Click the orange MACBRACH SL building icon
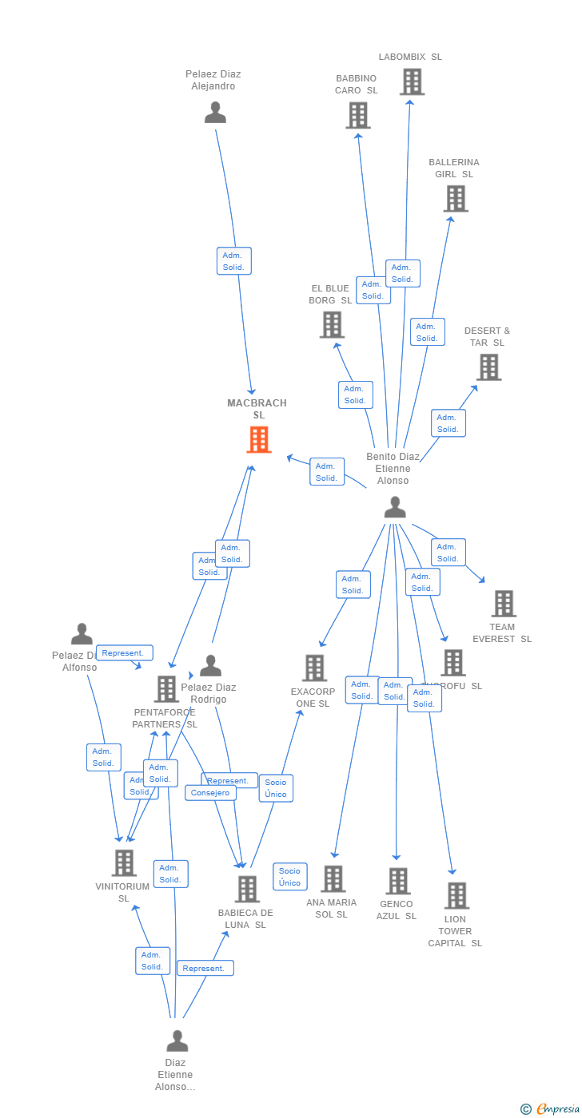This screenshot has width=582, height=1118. click(258, 439)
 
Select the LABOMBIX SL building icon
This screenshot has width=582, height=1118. click(411, 81)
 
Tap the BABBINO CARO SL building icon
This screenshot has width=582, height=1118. click(357, 115)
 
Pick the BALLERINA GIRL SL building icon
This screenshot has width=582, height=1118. click(455, 198)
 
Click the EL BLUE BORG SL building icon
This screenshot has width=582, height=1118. click(332, 324)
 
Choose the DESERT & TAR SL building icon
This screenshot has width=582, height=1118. click(488, 367)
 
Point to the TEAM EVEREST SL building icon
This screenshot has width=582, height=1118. click(503, 604)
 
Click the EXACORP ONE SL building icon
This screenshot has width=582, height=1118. click(314, 668)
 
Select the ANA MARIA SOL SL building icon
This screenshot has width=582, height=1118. click(333, 878)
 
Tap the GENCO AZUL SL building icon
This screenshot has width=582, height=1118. click(397, 881)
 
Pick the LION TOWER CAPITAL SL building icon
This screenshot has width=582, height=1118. click(456, 895)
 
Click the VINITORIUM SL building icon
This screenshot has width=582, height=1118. click(124, 862)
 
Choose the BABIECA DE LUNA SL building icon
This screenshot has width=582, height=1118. click(247, 889)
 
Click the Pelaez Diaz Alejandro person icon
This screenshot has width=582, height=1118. click(215, 113)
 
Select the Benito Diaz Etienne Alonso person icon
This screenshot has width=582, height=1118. click(394, 507)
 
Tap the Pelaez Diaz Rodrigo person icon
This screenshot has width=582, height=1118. click(210, 665)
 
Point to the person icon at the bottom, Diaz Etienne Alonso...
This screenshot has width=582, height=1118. click(177, 1041)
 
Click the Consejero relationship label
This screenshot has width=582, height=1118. click(210, 793)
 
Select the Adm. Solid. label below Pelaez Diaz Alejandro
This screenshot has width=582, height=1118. click(233, 261)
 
